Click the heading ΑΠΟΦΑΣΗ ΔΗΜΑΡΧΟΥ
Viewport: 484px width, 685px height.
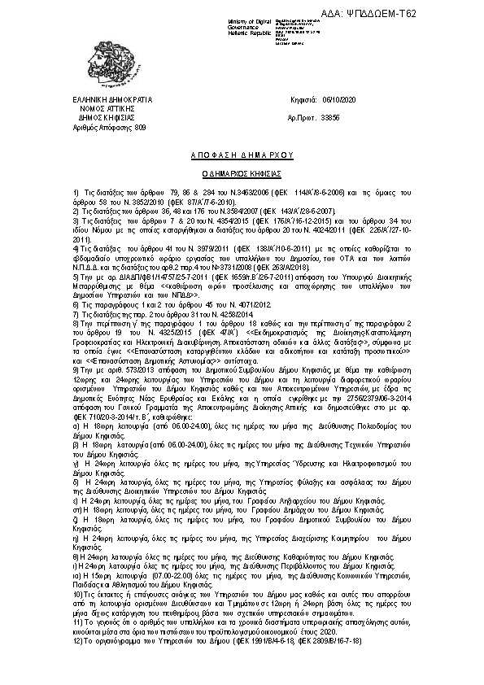point(242,154)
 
